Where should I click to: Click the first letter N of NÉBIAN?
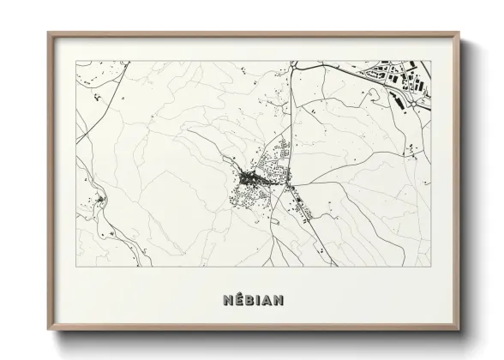[x=224, y=302]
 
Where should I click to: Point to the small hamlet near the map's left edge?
[x=99, y=201]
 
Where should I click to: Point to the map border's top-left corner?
[x=77, y=62]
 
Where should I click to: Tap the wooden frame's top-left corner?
[x=47, y=33]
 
